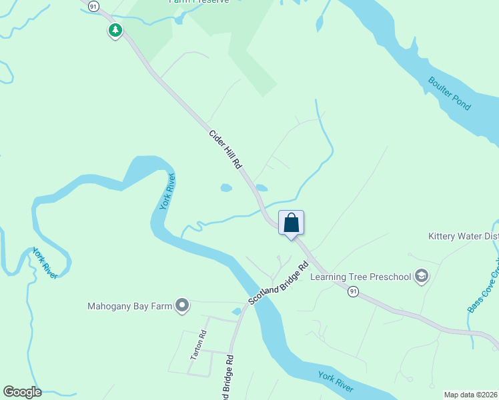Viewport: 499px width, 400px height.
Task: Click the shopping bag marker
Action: pos(292,223)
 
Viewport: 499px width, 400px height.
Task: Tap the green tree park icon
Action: pos(115,30)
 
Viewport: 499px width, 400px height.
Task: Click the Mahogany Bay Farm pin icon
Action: pos(182,306)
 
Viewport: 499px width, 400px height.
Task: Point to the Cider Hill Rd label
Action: pos(225,149)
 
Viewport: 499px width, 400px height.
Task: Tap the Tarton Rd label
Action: pos(199,345)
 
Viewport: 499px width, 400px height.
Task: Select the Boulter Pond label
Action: pos(450,94)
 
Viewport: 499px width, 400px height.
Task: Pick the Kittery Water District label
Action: pos(463,237)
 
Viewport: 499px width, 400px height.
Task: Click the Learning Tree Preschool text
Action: pos(361,277)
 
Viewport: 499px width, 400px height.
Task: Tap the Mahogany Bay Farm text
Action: pos(130,307)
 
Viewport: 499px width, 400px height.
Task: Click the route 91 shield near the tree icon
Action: pos(93,5)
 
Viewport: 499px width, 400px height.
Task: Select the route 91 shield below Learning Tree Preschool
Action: pos(353,291)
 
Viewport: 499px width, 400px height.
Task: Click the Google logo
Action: pos(22,392)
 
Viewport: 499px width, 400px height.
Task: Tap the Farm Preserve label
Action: pos(198,1)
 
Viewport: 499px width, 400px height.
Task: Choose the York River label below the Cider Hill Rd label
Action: pos(167,191)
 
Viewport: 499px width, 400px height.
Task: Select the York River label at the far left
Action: pos(45,263)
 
